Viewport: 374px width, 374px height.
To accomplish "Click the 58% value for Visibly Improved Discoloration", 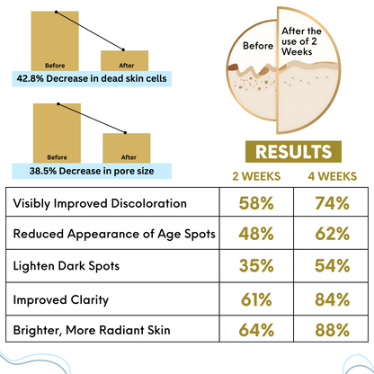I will (x=257, y=203).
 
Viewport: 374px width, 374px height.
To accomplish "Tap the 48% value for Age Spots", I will (x=257, y=235).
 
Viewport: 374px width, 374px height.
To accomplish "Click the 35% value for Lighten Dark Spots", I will (x=257, y=267).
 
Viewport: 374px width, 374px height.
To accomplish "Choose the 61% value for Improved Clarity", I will (x=257, y=299).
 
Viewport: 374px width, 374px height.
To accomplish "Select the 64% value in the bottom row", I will (x=257, y=331).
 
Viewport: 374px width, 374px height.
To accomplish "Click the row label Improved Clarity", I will (x=61, y=299).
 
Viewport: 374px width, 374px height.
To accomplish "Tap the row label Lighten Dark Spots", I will (x=67, y=267).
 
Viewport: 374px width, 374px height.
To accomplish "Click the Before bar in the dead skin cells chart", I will (x=56, y=41).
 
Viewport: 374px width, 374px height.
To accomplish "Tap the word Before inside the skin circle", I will (x=251, y=45).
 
